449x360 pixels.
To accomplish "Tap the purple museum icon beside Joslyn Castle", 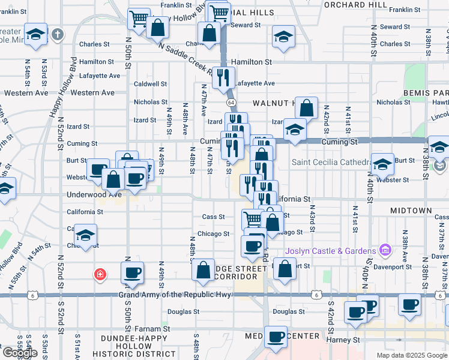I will [x=385, y=250].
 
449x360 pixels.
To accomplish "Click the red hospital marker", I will [x=100, y=275].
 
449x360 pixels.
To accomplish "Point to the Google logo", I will [x=20, y=353].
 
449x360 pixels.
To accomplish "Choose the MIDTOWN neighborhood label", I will [x=411, y=211].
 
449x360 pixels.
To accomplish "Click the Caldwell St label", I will [x=150, y=84].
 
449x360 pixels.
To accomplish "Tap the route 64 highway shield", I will [x=231, y=103].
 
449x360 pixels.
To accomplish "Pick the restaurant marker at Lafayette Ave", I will [x=223, y=77].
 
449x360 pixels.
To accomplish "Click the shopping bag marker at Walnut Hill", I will [x=307, y=108].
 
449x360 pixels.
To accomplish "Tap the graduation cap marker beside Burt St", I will [x=382, y=163].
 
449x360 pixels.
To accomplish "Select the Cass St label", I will [x=214, y=217].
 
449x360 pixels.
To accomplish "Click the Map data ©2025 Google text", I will [x=411, y=355].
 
